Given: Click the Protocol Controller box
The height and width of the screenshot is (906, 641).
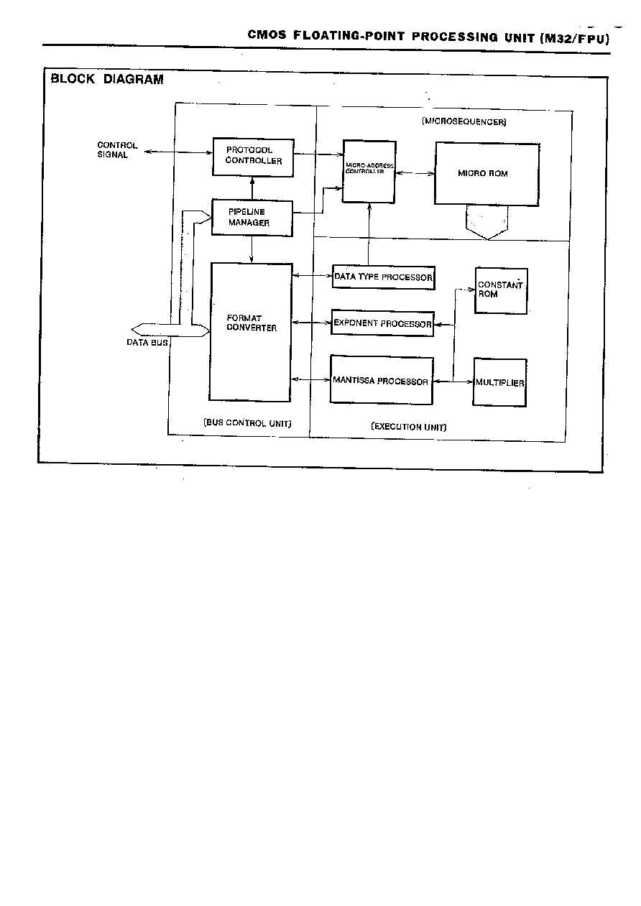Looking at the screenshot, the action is (253, 157).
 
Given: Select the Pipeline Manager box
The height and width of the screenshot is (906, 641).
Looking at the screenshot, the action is (252, 218).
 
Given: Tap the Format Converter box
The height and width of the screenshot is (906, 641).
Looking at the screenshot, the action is (251, 332).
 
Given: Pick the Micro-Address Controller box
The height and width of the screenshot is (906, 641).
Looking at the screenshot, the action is (369, 172).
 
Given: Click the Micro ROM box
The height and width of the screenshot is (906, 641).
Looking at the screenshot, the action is (487, 174).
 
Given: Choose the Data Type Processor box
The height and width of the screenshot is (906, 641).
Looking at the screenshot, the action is (384, 277).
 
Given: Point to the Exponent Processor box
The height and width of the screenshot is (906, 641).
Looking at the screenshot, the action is (382, 323).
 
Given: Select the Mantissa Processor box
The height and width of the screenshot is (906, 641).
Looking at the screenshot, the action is (382, 380).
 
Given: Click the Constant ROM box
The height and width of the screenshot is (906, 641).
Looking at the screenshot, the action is (501, 290).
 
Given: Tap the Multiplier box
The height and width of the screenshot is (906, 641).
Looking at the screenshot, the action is (500, 382).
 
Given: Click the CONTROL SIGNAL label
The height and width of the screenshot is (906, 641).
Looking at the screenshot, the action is (117, 149).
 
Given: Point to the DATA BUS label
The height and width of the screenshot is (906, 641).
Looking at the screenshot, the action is (147, 343).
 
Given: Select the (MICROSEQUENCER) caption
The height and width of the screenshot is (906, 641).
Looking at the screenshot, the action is (464, 121).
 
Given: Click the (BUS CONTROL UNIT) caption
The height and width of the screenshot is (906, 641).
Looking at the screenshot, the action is (247, 423).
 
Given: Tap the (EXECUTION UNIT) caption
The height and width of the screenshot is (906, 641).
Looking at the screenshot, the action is (408, 427).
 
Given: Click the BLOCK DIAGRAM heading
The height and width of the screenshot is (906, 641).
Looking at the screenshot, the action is (107, 79).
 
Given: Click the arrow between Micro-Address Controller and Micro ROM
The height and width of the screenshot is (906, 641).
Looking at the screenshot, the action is (415, 173).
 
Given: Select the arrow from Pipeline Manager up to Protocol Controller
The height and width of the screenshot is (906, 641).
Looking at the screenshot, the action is (252, 188).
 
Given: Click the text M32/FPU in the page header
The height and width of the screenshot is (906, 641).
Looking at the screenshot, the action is (574, 39).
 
